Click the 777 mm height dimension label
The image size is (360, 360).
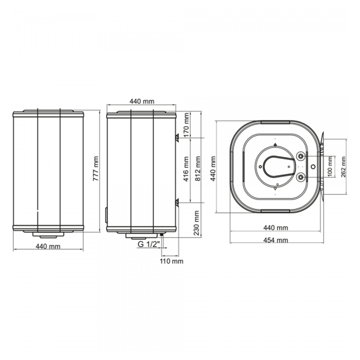coord(96,169)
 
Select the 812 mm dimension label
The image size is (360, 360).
coord(197,169)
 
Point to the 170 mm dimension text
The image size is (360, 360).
coord(186,124)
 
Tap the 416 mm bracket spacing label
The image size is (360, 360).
coord(186,169)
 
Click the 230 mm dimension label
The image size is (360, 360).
coord(197,223)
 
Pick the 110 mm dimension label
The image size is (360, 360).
coord(172,261)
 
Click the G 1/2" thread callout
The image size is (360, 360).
coord(149,244)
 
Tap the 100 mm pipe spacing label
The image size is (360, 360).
coord(330,167)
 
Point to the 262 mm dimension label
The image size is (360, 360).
coord(343,167)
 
